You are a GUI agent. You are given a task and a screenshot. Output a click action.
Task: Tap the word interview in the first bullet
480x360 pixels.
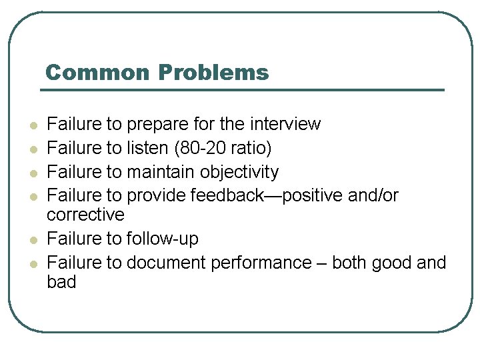point(285,124)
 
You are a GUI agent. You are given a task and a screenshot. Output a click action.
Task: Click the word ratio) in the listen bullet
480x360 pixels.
point(253,148)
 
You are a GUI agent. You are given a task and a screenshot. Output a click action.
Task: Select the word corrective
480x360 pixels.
point(85,215)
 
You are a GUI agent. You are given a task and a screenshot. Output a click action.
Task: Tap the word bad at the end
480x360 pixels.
point(61,281)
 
